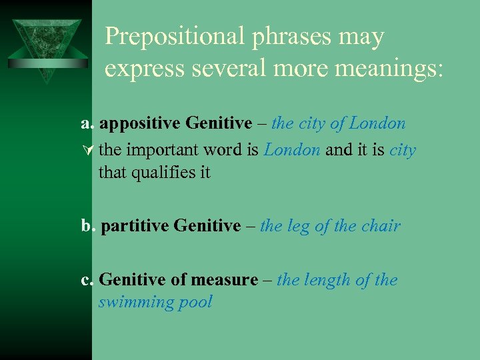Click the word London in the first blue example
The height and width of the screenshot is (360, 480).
click(x=377, y=124)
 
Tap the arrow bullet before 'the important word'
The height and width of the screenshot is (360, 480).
click(x=85, y=151)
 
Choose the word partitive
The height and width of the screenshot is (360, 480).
click(x=135, y=226)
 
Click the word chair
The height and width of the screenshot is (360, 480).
click(x=382, y=226)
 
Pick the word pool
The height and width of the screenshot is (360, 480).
click(x=196, y=302)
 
